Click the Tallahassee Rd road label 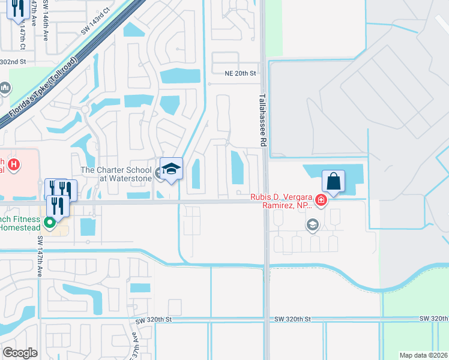point(262,120)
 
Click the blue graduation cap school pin point(171,169)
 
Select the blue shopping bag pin point(333,181)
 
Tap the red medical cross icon point(322,200)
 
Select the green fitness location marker point(50,223)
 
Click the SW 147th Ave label point(40,256)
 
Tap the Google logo point(20,353)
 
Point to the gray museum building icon point(5,89)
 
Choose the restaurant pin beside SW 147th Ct point(17,8)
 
